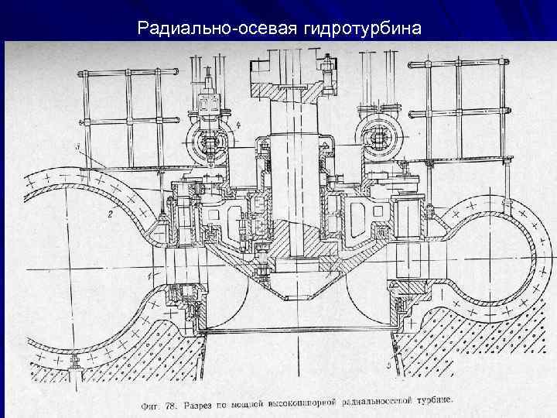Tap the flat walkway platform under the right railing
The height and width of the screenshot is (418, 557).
coord(456,159)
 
